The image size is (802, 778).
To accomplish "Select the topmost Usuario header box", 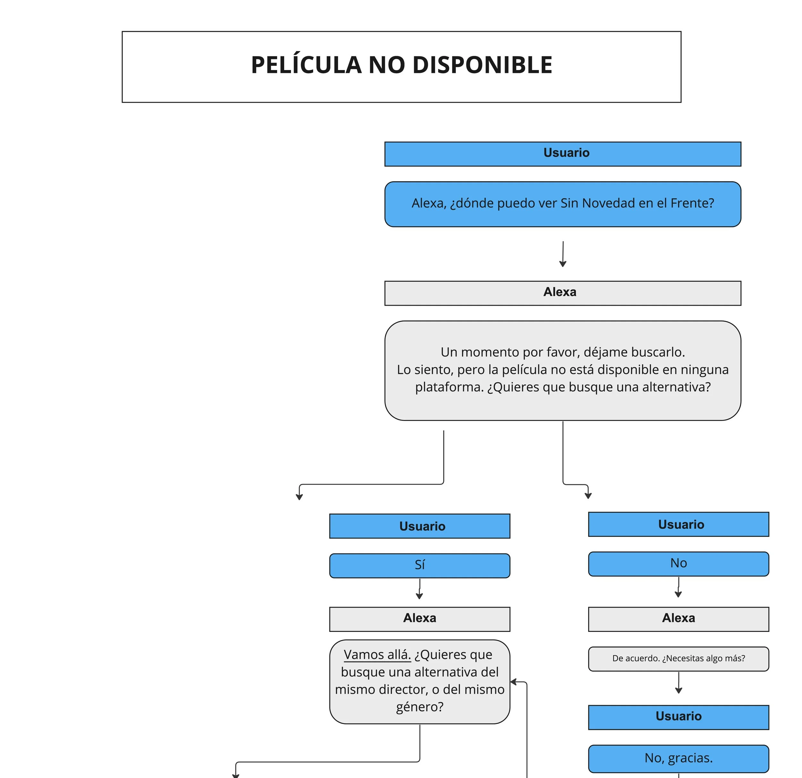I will coord(563,154).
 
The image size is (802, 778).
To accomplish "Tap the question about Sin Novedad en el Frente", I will coord(563,204).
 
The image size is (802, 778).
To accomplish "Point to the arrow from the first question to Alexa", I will coord(563,254).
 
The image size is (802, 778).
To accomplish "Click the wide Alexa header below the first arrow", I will coord(563,293).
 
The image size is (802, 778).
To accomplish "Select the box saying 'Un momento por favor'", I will coord(563,370).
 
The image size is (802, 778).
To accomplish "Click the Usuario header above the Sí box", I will coord(419,526).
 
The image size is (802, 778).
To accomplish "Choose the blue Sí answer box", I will coord(419,565).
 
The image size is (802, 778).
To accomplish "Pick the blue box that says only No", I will coord(678,564).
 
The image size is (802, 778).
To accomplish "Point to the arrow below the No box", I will coord(678,587).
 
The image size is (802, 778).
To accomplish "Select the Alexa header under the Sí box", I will coord(419,619).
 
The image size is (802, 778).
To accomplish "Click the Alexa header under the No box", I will coord(678,619).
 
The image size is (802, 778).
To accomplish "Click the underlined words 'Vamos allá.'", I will coord(377,654).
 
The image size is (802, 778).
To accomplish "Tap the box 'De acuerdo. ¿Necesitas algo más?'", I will coord(678,659).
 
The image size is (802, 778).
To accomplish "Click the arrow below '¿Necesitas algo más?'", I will coord(678,683).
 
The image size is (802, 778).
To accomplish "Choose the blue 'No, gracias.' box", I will coord(678,758).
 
